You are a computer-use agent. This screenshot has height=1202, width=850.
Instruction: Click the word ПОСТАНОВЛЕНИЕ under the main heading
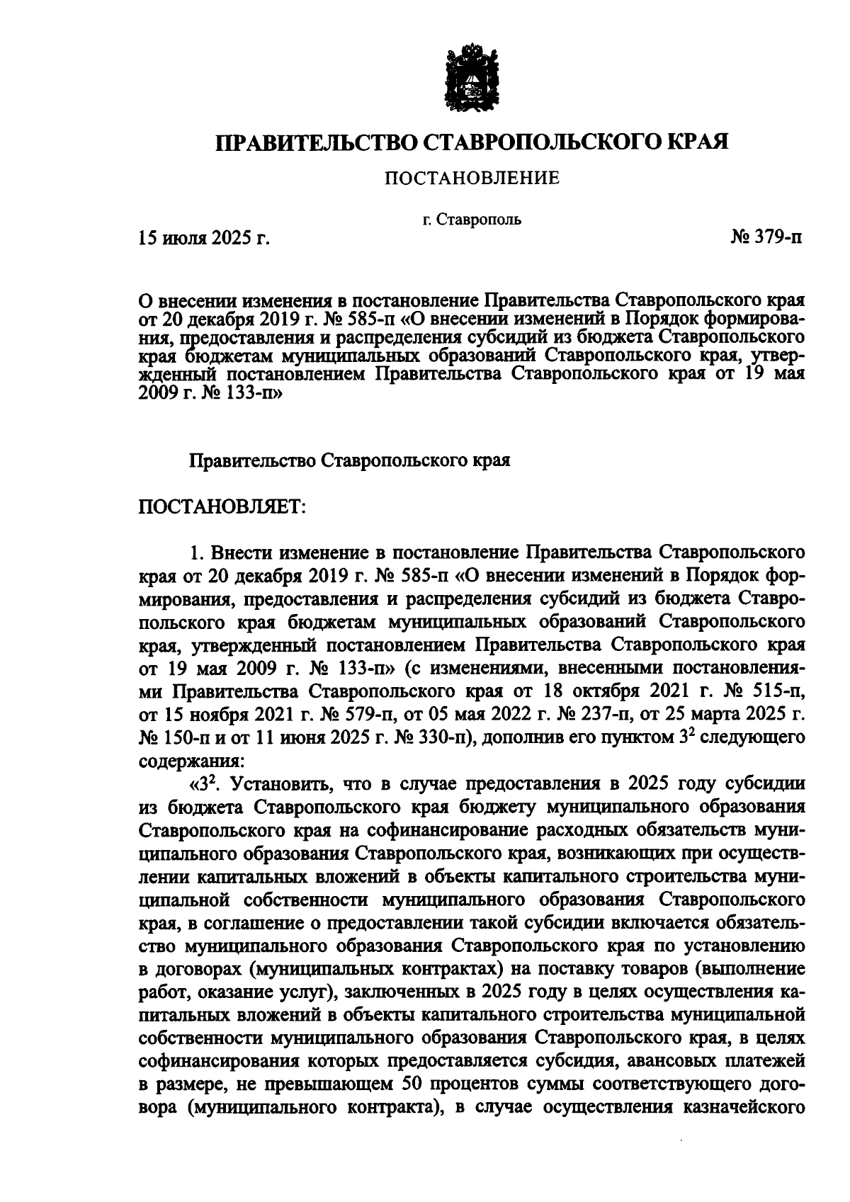point(472,179)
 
